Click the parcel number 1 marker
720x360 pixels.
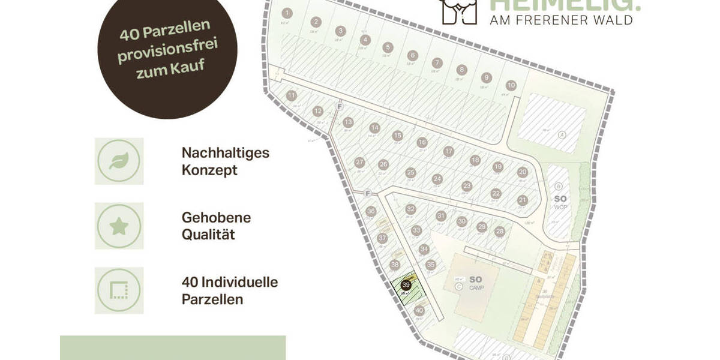pos(287,13)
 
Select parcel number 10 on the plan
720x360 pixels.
pos(511,85)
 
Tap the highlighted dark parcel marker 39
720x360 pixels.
pos(406,285)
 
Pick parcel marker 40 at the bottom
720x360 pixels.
pos(419,311)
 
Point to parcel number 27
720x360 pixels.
pos(360,163)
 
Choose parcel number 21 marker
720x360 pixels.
pos(523,200)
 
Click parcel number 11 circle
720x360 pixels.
pos(292,95)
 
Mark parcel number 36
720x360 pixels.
pos(371,211)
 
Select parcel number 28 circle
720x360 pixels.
pos(500,232)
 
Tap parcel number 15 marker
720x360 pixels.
pos(397,136)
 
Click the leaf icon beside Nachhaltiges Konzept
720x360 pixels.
pos(119,161)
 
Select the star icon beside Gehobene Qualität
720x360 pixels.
pos(119,226)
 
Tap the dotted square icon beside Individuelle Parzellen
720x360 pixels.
pos(119,291)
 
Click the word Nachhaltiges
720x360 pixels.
pos(226,153)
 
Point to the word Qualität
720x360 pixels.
pos(208,234)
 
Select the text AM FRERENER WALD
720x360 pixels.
pos(562,20)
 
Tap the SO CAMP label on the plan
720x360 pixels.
pos(475,283)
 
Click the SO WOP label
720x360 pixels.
pos(560,202)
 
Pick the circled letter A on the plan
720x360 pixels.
pos(562,134)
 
